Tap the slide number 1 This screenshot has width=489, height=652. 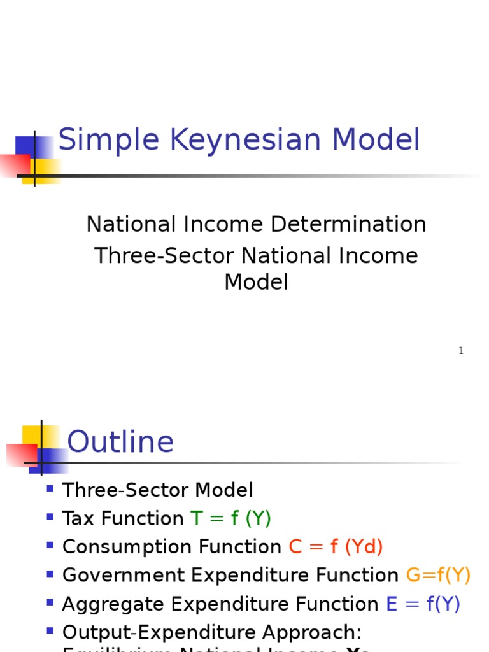pyautogui.click(x=461, y=351)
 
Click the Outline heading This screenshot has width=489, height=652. pyautogui.click(x=120, y=442)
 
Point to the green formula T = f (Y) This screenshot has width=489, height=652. pyautogui.click(x=231, y=518)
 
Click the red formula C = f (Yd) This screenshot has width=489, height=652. pyautogui.click(x=336, y=547)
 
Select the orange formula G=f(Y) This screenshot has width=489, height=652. pyautogui.click(x=438, y=575)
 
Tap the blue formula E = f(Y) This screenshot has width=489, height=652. pyautogui.click(x=423, y=604)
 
